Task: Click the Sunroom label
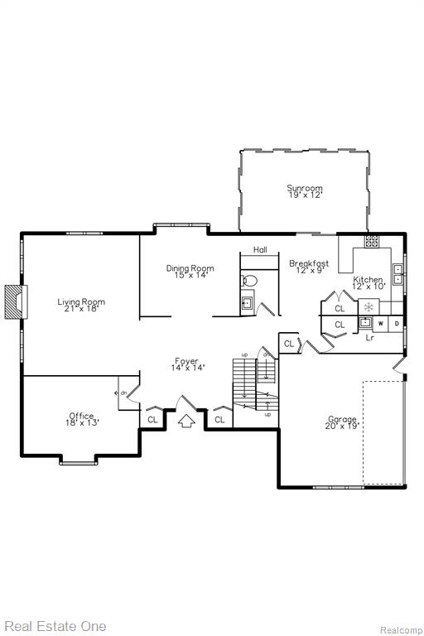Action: tap(305, 188)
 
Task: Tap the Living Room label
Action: tap(81, 301)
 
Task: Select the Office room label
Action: tap(81, 416)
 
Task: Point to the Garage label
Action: tap(342, 419)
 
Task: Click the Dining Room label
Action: tap(190, 268)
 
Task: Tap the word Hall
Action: tap(260, 249)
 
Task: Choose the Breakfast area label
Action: tap(309, 263)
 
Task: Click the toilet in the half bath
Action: tap(249, 280)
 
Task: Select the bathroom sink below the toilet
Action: tap(246, 302)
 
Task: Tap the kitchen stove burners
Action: tap(371, 241)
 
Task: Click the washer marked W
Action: tap(381, 324)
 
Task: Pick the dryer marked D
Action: tap(397, 324)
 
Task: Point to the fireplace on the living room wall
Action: tap(17, 301)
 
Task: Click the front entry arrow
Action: tap(186, 421)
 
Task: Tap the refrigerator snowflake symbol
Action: tap(369, 306)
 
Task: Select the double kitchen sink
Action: tap(397, 274)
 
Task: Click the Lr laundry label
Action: tap(369, 337)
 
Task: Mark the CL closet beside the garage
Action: tap(289, 344)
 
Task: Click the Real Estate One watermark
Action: tap(55, 626)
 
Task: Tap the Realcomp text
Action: tap(401, 630)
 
